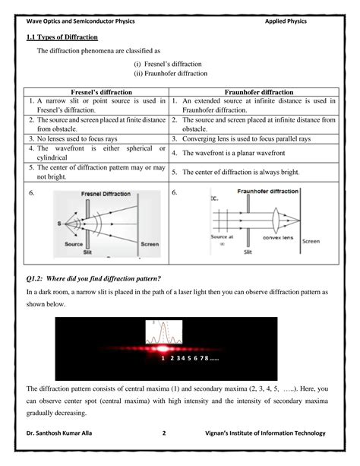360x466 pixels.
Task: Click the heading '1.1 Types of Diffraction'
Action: point(62,37)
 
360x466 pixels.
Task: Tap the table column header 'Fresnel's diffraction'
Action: point(96,92)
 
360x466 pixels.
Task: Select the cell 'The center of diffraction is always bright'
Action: point(241,173)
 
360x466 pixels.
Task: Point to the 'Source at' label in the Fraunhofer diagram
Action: point(222,238)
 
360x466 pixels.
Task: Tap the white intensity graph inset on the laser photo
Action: point(166,334)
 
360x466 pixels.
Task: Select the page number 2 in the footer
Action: point(164,433)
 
